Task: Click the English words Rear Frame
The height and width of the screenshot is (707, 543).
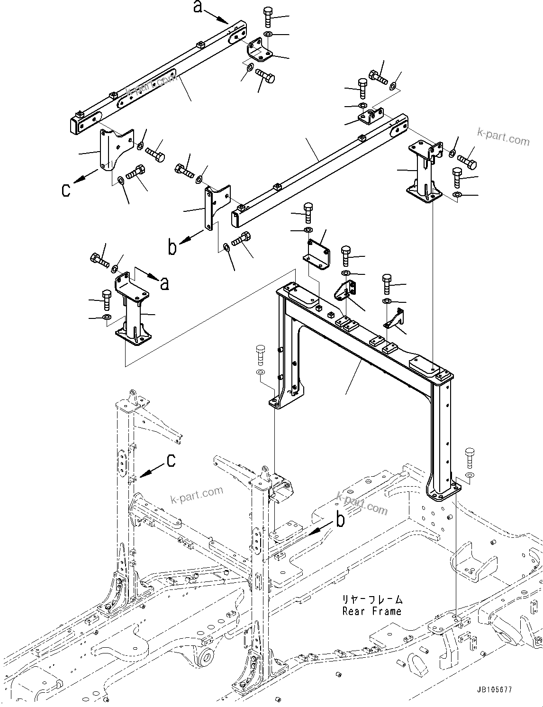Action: (x=371, y=612)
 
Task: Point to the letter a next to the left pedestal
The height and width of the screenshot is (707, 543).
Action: (x=164, y=283)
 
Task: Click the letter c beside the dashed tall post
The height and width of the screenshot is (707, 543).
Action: (x=171, y=460)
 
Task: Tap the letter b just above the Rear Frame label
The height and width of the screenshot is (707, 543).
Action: (x=340, y=520)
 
